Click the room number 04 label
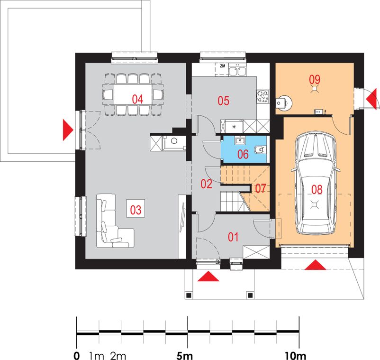(137, 99)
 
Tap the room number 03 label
(136, 210)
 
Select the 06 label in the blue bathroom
(243, 154)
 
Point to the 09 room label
(315, 79)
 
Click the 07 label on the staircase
(261, 188)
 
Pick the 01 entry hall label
(233, 237)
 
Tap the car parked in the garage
(315, 183)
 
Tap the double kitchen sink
(238, 72)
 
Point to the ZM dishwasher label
(223, 66)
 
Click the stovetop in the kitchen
(262, 96)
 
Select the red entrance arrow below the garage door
(315, 265)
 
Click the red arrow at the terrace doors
(68, 130)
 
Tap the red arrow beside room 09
(372, 99)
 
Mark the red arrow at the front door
(208, 277)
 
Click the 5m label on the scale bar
(185, 356)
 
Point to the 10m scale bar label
(295, 356)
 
